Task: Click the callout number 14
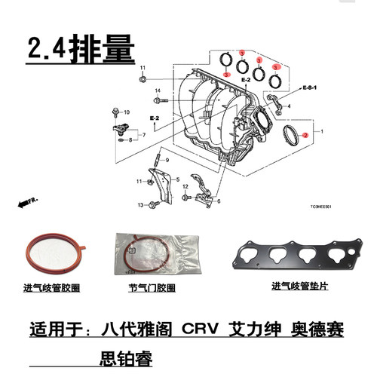pyautogui.click(x=158, y=91)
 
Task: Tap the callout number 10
pyautogui.click(x=127, y=112)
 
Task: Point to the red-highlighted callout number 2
pyautogui.click(x=305, y=134)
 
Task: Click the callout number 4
pyautogui.click(x=288, y=106)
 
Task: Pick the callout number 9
pyautogui.click(x=167, y=161)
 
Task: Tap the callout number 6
pyautogui.click(x=219, y=202)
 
